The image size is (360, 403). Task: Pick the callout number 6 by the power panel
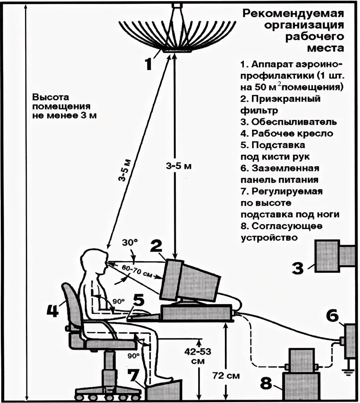[332, 316]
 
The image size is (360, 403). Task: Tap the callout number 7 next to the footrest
[133, 375]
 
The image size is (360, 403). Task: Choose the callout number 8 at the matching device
[266, 384]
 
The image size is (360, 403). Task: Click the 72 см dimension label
[226, 376]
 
